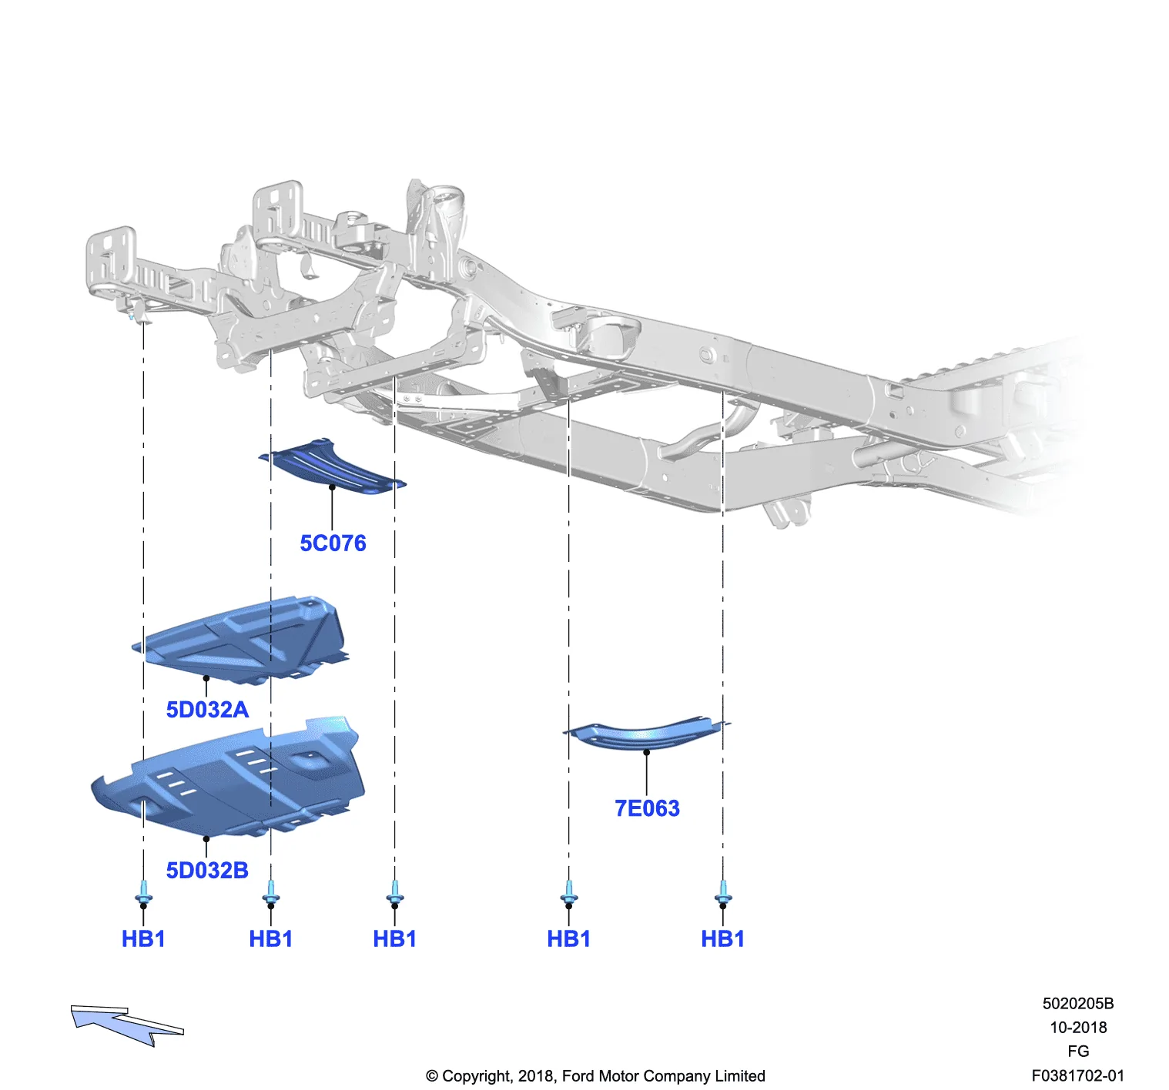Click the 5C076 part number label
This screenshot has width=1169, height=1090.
click(x=333, y=543)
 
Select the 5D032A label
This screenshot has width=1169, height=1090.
click(x=207, y=710)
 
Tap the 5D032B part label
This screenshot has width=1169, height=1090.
click(x=207, y=871)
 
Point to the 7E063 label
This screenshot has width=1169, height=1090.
click(x=647, y=809)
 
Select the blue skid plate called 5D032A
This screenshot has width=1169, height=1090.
click(x=241, y=640)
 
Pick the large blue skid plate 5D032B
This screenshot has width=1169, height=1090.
click(x=229, y=777)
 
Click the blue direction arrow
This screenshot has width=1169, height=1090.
click(x=126, y=1025)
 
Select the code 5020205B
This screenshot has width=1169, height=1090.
click(x=1078, y=1004)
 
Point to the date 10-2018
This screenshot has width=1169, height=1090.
click(x=1078, y=1028)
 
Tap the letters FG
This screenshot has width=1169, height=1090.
click(x=1078, y=1052)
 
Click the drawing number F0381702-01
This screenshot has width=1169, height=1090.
click(x=1078, y=1076)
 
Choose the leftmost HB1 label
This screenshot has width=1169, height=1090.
click(x=143, y=939)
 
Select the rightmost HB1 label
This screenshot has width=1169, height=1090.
click(x=723, y=939)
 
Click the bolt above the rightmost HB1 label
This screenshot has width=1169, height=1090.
click(x=723, y=892)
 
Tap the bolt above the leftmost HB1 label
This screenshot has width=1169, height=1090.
click(x=143, y=892)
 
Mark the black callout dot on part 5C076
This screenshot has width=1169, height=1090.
click(x=332, y=487)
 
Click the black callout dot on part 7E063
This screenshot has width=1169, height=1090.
click(x=646, y=752)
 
